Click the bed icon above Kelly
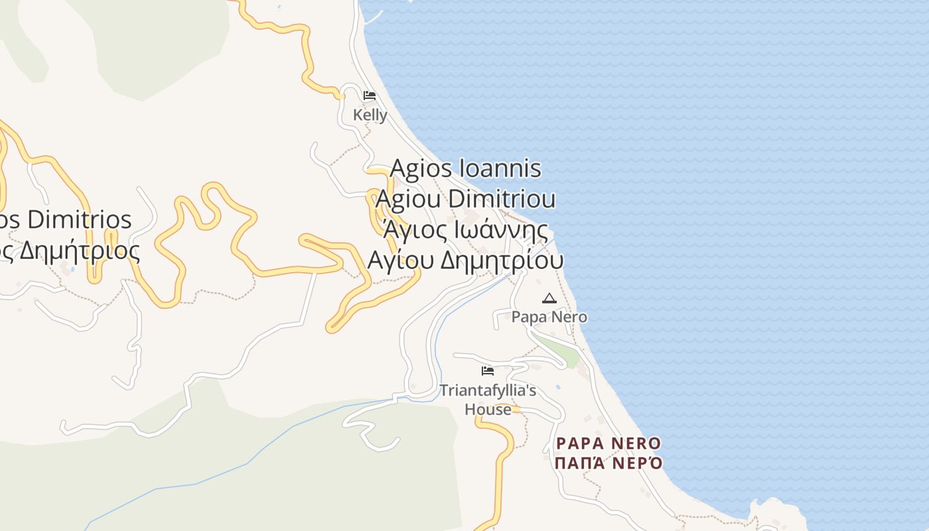(x=370, y=96)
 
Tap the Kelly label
(x=370, y=115)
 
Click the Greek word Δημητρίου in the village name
(x=502, y=260)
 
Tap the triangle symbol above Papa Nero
(x=549, y=298)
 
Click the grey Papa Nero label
(x=549, y=317)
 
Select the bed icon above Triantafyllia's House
(x=488, y=370)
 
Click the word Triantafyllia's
(x=488, y=390)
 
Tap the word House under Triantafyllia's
(x=488, y=409)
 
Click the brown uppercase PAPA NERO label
(x=608, y=443)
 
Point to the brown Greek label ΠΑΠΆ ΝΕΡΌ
(x=608, y=463)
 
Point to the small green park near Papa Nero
(x=561, y=352)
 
